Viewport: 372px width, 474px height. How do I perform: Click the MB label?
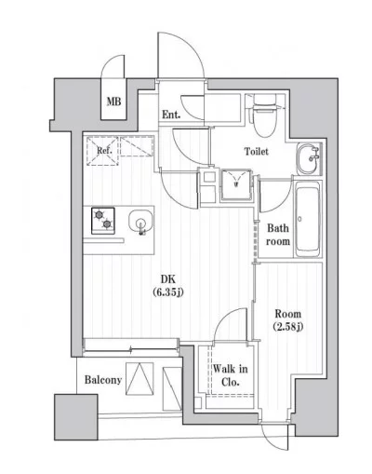pyautogui.click(x=113, y=102)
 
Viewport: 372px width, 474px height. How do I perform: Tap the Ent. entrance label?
pyautogui.click(x=171, y=115)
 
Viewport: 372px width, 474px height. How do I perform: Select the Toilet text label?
pyautogui.click(x=257, y=152)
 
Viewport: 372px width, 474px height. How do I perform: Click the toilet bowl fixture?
pyautogui.click(x=264, y=115)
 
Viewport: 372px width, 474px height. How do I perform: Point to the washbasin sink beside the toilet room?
pyautogui.click(x=309, y=158)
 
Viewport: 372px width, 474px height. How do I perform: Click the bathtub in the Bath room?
pyautogui.click(x=308, y=219)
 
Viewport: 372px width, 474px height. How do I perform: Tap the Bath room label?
pyautogui.click(x=278, y=235)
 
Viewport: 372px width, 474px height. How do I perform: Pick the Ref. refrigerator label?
pyautogui.click(x=104, y=151)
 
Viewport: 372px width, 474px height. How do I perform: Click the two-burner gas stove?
pyautogui.click(x=103, y=221)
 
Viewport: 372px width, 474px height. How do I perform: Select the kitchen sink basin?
pyautogui.click(x=140, y=222)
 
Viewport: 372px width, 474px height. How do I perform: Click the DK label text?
pyautogui.click(x=168, y=279)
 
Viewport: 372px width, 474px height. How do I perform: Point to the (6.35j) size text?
pyautogui.click(x=168, y=291)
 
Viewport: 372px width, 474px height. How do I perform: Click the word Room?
pyautogui.click(x=288, y=314)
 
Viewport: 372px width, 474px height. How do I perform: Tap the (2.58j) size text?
pyautogui.click(x=288, y=327)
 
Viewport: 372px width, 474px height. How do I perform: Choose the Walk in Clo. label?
pyautogui.click(x=230, y=375)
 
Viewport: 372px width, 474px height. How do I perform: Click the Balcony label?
pyautogui.click(x=103, y=380)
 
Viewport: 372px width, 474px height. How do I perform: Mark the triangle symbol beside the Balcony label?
pyautogui.click(x=139, y=379)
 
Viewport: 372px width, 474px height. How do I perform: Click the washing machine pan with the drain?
pyautogui.click(x=236, y=184)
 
